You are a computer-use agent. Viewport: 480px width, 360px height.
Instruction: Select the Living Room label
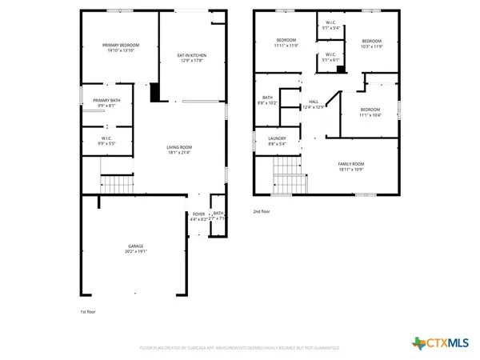(179, 147)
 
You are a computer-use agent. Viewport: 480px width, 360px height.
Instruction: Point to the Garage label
(136, 246)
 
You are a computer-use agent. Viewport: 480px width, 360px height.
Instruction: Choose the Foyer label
(198, 214)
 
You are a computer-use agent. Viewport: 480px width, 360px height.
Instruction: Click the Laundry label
(277, 138)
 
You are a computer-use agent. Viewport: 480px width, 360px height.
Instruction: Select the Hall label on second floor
(314, 102)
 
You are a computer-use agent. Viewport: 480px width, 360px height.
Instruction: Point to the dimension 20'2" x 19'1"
(136, 252)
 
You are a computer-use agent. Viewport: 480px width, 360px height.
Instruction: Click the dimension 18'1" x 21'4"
(179, 153)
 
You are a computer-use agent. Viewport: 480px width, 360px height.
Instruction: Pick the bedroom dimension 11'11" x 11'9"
(286, 46)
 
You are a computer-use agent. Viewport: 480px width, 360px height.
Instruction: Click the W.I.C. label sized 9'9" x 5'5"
(106, 143)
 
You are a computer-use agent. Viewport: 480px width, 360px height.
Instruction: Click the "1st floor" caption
(88, 311)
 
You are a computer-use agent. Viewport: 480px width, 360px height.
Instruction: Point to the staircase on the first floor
(116, 185)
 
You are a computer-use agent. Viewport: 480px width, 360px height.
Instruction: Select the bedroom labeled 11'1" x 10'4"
(370, 111)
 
